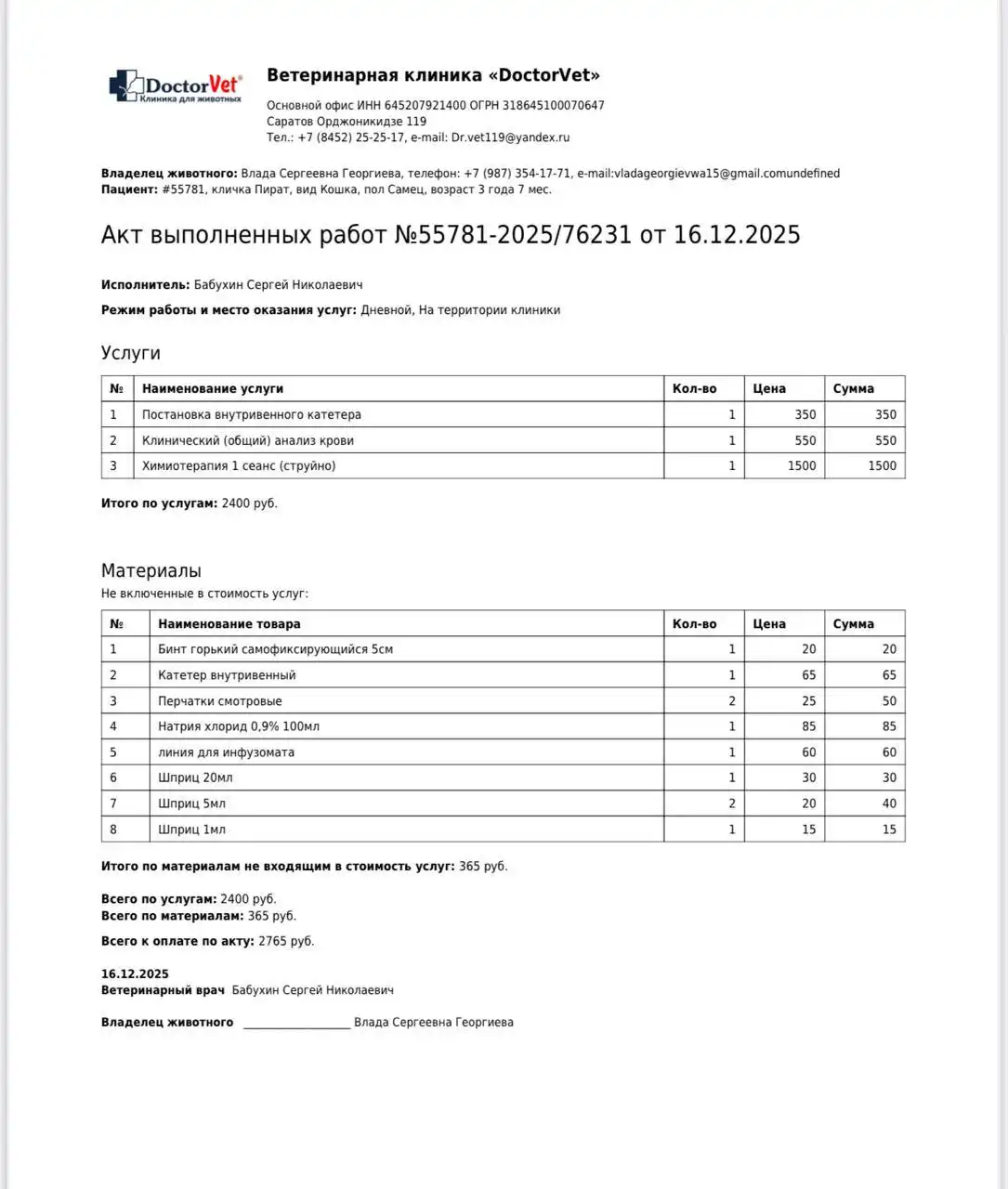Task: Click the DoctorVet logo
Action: (176, 86)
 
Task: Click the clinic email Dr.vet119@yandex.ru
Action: (510, 137)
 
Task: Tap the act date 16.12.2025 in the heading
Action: (736, 235)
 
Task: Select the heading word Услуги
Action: (130, 353)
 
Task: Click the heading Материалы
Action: (151, 571)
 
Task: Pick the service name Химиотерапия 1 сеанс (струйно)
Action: (239, 466)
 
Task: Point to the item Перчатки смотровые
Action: (220, 701)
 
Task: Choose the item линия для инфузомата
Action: (226, 752)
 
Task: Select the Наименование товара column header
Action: (229, 624)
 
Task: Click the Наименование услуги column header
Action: (213, 389)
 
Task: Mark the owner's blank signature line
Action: (296, 1024)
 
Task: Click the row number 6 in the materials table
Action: (114, 778)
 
